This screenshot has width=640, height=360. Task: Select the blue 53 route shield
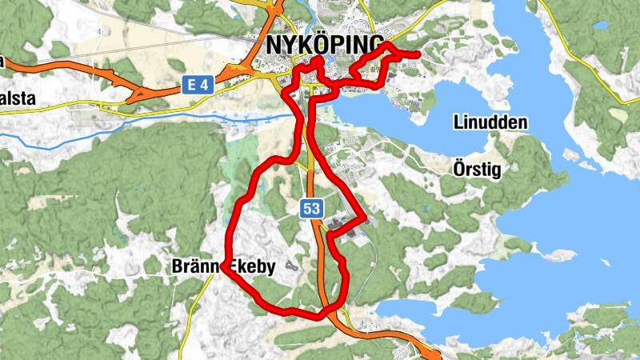(312, 209)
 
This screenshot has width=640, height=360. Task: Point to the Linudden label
(490, 123)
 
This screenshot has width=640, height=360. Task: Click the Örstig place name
(478, 170)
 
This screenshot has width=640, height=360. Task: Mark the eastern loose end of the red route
(418, 54)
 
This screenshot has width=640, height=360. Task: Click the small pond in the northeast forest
(600, 26)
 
